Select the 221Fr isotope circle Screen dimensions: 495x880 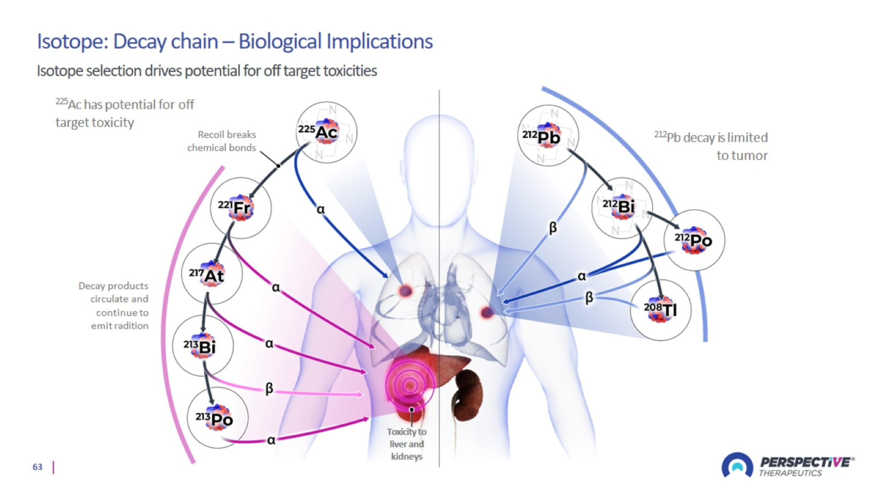(x=241, y=208)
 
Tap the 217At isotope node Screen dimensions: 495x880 (x=212, y=274)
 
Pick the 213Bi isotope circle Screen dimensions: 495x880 (x=203, y=346)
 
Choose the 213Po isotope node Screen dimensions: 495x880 (x=218, y=418)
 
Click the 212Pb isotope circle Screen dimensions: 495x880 (x=548, y=135)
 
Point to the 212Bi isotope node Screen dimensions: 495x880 (x=622, y=208)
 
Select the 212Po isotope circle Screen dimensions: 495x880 (x=694, y=240)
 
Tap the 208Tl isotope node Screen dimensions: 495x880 (x=660, y=310)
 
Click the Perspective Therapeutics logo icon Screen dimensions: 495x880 (x=737, y=465)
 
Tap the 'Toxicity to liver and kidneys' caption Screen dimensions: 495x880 (x=407, y=444)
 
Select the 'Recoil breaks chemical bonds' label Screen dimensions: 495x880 (x=222, y=141)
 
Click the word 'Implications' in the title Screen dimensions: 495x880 (x=379, y=42)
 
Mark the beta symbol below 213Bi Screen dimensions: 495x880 (x=269, y=388)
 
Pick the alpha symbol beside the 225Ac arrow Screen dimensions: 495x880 (x=320, y=209)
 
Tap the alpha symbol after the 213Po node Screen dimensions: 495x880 (x=271, y=440)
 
